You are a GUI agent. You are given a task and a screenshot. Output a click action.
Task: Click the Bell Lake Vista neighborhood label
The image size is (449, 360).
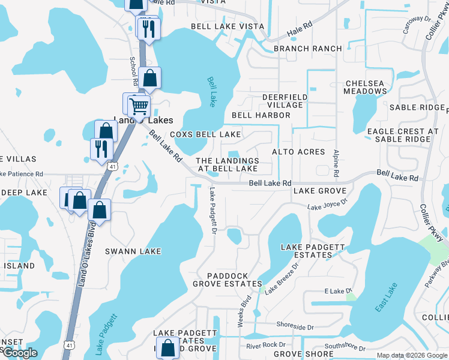(228, 26)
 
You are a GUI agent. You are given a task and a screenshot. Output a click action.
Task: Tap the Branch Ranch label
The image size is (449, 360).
(307, 49)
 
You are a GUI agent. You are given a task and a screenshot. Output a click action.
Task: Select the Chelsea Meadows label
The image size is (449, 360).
(365, 87)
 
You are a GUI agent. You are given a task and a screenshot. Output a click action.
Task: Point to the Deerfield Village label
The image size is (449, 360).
(285, 101)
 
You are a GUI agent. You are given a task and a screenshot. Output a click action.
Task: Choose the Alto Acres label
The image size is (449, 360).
(298, 152)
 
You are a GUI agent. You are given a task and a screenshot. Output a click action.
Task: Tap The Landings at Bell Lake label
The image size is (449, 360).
(228, 165)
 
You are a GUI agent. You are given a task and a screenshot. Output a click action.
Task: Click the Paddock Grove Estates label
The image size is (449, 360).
(228, 280)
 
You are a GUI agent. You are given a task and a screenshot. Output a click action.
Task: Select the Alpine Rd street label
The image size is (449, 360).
(337, 163)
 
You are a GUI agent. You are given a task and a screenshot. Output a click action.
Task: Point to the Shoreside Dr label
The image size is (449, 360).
(295, 327)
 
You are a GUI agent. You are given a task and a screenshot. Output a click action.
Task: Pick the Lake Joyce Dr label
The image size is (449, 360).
(327, 205)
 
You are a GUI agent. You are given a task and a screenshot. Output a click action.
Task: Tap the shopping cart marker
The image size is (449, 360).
(139, 107)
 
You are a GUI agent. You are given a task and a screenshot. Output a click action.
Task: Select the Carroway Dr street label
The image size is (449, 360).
(417, 26)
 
